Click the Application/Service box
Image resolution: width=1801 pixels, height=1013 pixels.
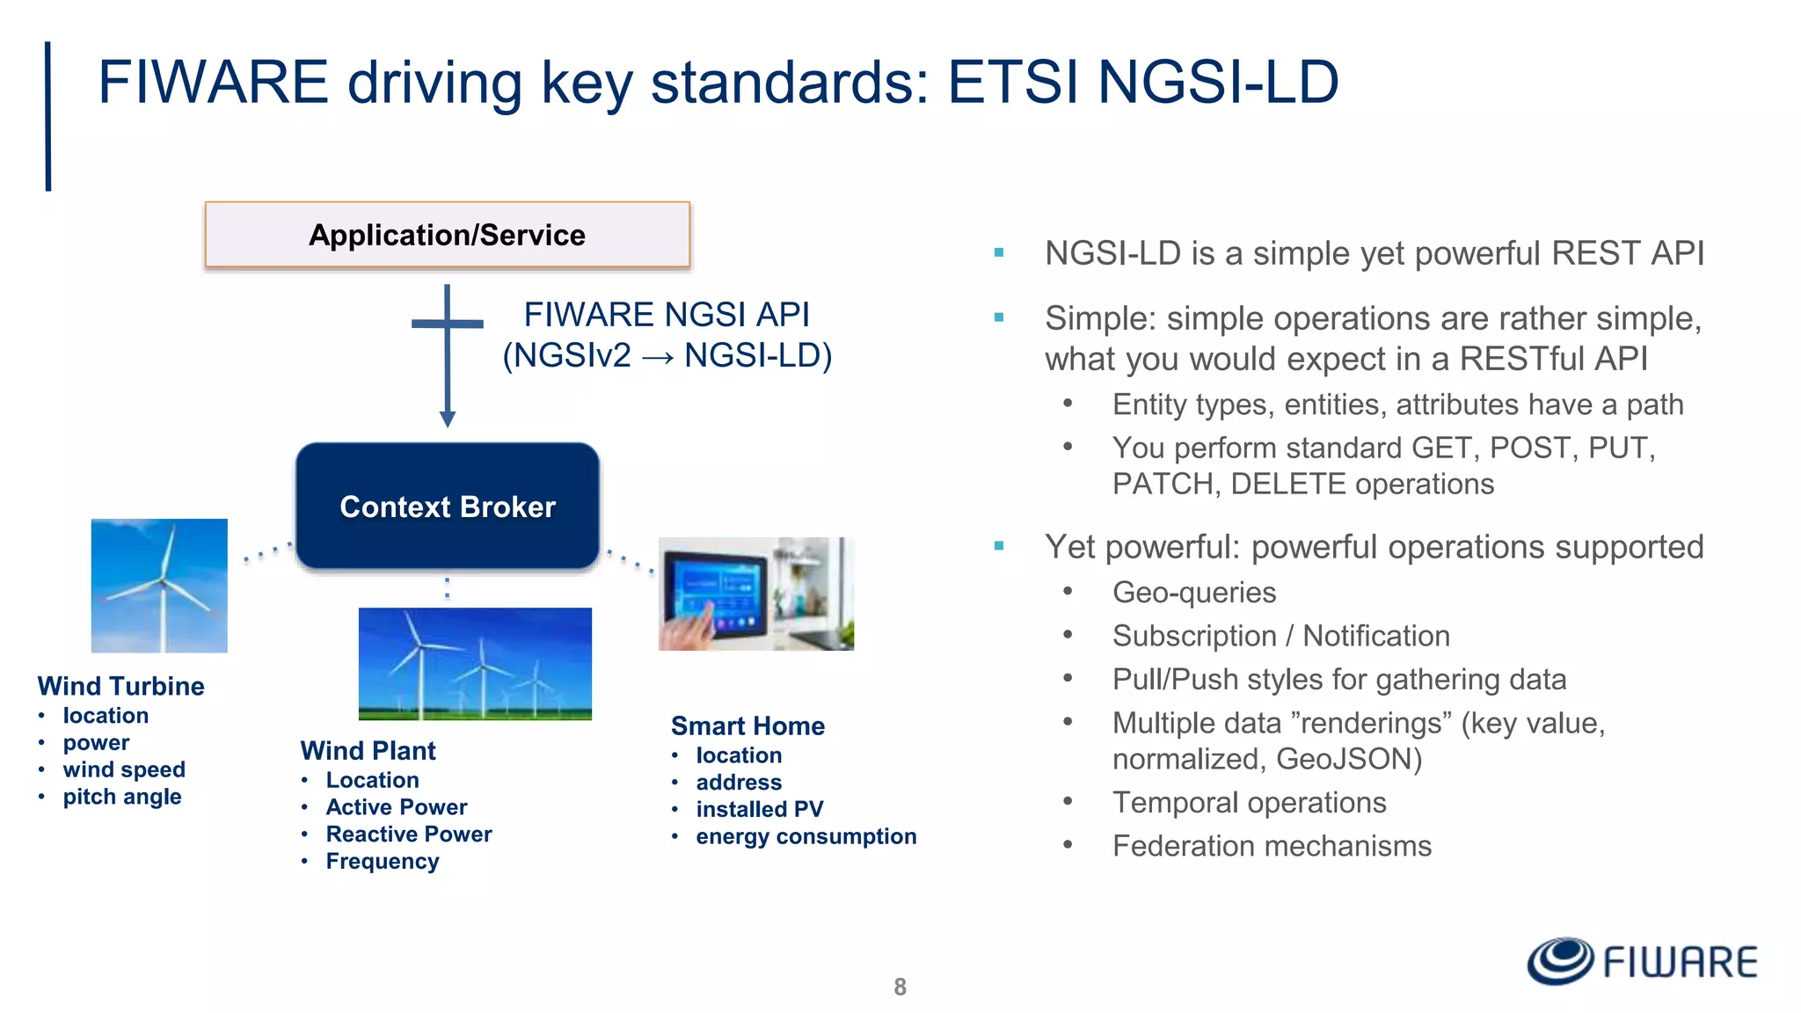click(447, 235)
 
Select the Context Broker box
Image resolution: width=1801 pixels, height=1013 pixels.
click(447, 506)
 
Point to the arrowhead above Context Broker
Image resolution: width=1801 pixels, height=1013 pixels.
click(447, 419)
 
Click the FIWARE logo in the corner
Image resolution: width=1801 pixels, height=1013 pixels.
click(1642, 961)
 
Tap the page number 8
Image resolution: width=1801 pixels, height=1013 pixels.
click(900, 987)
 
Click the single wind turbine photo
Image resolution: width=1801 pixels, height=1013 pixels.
click(159, 586)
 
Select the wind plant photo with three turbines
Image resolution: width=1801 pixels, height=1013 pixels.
click(475, 664)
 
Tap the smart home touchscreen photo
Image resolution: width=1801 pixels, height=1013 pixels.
click(755, 594)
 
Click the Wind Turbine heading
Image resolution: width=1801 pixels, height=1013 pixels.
click(120, 686)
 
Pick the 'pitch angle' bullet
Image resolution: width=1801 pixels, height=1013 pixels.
click(121, 797)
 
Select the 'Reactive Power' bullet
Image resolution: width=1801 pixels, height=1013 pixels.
click(408, 834)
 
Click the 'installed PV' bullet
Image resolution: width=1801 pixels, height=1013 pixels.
click(759, 809)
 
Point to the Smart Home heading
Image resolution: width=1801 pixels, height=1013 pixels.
click(747, 725)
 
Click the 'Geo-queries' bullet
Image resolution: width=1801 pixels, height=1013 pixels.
click(1193, 593)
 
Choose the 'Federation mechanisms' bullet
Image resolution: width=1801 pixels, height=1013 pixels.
click(1271, 846)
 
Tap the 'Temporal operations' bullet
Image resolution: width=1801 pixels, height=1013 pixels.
click(1249, 803)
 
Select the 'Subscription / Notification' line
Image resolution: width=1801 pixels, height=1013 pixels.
click(1280, 636)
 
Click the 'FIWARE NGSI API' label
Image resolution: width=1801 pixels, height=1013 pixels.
click(667, 315)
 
